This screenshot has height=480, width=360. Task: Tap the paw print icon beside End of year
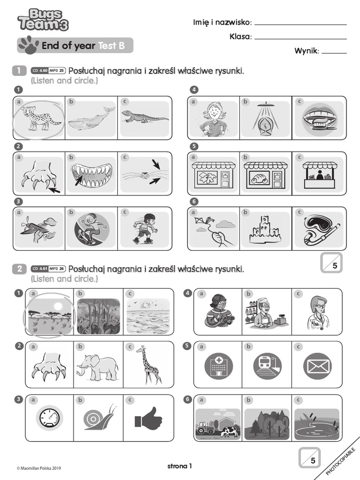tap(28, 45)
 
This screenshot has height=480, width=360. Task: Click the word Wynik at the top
tap(306, 51)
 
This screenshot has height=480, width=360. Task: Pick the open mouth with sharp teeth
tap(91, 174)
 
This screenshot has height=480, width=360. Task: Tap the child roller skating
tap(145, 229)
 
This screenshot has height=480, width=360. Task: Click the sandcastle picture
tap(265, 229)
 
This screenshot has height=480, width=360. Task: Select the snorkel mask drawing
tap(320, 229)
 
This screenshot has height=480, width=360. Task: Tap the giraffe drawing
tap(149, 365)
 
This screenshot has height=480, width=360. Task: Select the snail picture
tap(98, 417)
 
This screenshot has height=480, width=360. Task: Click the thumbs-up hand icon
tap(149, 417)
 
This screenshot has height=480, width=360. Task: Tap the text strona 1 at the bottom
tap(180, 466)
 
